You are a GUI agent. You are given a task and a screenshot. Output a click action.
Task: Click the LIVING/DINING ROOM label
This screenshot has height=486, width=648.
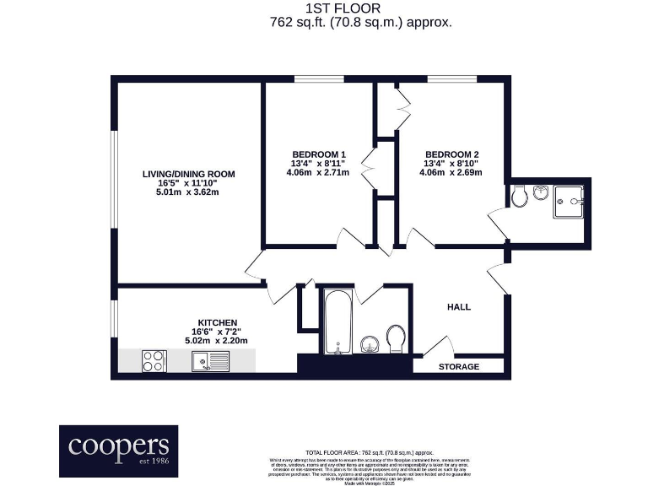click(188, 174)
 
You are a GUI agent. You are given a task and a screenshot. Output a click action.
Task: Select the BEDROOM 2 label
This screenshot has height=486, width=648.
click(453, 154)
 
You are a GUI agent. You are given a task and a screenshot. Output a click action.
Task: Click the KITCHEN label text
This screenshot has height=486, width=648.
click(216, 322)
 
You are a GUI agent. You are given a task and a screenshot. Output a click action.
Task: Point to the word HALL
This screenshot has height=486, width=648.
click(459, 306)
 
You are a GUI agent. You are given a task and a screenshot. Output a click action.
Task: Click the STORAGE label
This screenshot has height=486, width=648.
click(459, 367)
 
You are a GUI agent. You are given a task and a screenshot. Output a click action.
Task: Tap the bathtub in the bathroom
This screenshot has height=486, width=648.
click(337, 323)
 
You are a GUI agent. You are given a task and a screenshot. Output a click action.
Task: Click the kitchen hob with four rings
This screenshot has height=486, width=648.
click(154, 361)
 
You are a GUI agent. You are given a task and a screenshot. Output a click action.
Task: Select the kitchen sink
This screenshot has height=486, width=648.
click(209, 361)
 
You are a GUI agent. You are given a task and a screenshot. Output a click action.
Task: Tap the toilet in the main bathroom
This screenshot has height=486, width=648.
click(396, 338)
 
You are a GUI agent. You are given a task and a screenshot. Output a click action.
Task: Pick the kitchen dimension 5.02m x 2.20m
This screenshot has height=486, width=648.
click(216, 341)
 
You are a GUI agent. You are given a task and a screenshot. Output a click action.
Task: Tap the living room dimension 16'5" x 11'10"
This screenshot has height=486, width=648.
click(188, 183)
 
